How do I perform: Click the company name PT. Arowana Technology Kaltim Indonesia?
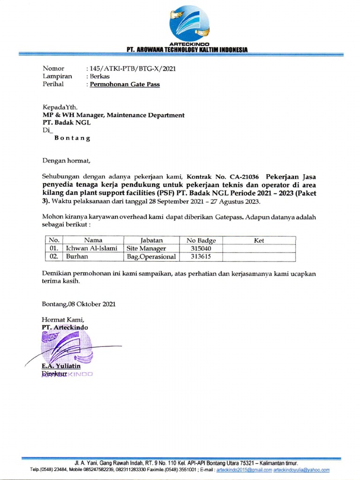click(x=187, y=50)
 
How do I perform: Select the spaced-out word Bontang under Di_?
click(x=73, y=138)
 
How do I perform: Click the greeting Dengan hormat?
click(x=66, y=160)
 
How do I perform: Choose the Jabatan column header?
click(x=151, y=240)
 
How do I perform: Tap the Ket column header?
click(x=259, y=240)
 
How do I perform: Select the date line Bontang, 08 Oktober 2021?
click(x=79, y=304)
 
